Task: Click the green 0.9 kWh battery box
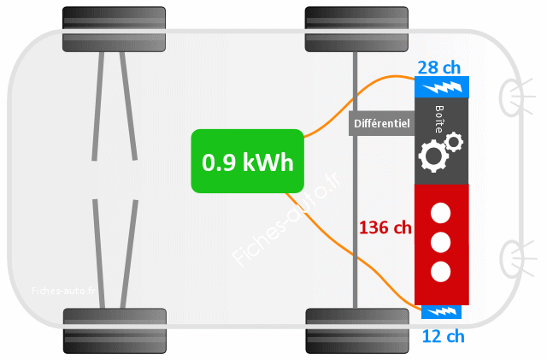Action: click(247, 160)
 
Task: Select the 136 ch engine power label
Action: click(385, 228)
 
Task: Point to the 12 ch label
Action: click(444, 336)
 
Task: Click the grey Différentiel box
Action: click(381, 123)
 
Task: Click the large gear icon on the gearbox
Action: click(432, 156)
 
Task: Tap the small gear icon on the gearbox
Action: click(453, 140)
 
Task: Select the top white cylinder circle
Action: click(440, 212)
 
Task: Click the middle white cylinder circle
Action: click(440, 242)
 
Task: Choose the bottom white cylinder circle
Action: click(440, 272)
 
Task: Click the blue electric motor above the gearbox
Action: click(441, 87)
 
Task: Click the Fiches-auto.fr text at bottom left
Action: click(64, 290)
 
